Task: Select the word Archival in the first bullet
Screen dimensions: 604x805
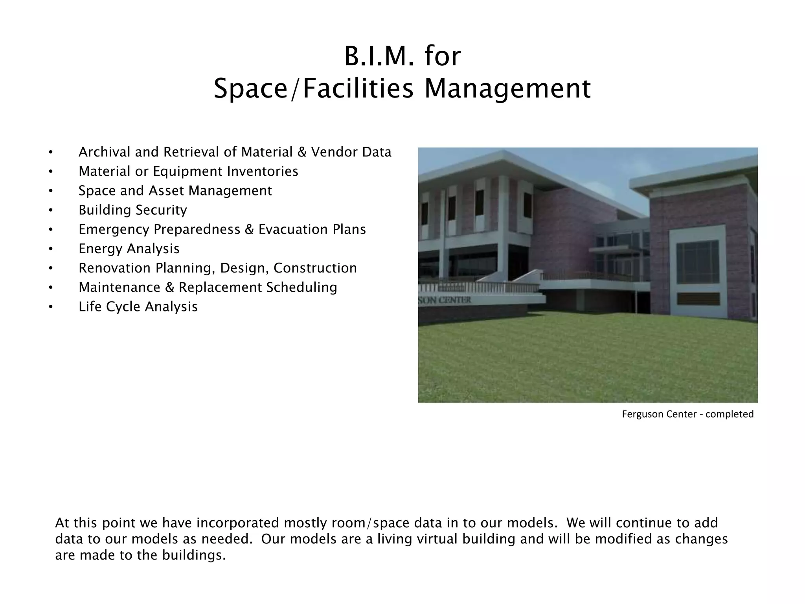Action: click(104, 152)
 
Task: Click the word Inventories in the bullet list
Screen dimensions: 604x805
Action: click(263, 171)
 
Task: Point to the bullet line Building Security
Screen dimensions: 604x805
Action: click(133, 210)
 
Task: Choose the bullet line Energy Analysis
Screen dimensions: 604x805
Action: click(129, 249)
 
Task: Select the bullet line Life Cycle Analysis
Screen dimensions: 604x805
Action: click(138, 307)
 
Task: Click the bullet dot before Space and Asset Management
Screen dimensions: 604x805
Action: click(50, 191)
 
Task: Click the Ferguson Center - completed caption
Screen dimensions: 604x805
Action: click(687, 414)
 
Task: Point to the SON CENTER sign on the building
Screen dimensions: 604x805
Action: click(445, 300)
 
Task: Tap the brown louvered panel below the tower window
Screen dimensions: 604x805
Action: click(698, 299)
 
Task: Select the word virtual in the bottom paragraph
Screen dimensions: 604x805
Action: click(437, 539)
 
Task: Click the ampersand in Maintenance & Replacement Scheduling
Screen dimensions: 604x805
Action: click(169, 287)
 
